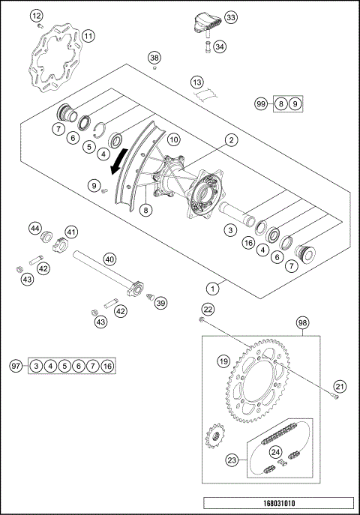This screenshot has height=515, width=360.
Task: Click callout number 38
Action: point(154,58)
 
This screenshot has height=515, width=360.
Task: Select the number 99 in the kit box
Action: point(261,104)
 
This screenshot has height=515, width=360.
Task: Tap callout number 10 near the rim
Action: point(172,139)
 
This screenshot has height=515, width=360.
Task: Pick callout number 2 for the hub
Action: point(232,139)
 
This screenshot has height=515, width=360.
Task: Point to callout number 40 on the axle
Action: point(109,259)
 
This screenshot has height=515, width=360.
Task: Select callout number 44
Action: point(34,228)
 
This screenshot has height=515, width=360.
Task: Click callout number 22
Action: point(208,309)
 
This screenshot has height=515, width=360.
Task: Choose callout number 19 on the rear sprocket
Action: point(223,361)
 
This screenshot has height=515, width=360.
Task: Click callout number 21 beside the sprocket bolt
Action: point(340,386)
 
